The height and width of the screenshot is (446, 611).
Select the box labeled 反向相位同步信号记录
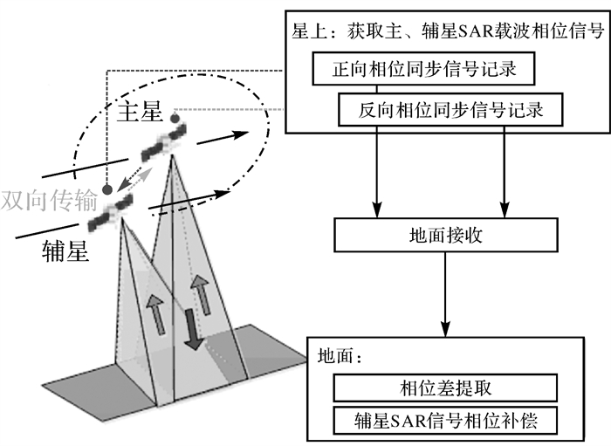(x=450, y=111)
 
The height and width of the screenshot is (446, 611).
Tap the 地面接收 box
(x=445, y=234)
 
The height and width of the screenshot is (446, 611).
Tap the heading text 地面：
(x=340, y=357)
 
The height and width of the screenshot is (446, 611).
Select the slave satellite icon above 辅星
(x=117, y=206)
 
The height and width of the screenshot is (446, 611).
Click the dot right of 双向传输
(x=106, y=189)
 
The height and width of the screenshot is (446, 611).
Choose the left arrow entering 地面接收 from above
(x=377, y=175)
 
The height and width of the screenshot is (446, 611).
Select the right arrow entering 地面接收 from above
(x=503, y=175)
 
